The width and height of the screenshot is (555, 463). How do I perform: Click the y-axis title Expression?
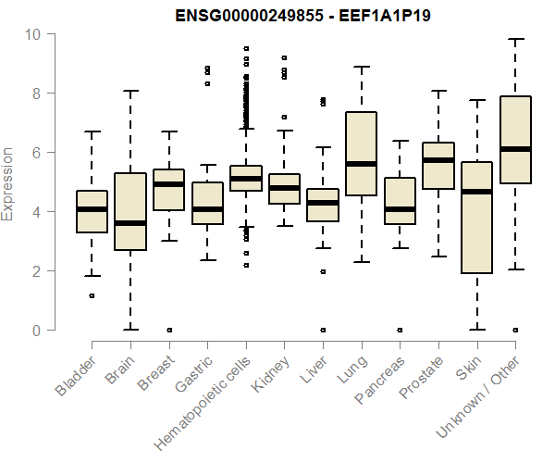click(9, 182)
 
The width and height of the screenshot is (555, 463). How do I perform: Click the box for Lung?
click(361, 153)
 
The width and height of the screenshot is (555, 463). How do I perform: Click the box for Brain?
click(130, 211)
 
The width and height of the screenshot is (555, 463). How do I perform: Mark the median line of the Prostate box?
click(438, 160)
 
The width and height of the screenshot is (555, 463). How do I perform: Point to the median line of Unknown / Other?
click(515, 149)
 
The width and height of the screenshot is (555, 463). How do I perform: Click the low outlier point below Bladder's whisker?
click(92, 296)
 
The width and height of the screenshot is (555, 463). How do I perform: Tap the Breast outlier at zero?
click(168, 330)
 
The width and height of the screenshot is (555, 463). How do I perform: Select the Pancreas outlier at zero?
click(400, 330)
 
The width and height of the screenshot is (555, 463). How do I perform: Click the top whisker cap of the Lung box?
click(361, 67)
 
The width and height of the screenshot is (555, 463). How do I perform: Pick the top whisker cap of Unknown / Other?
click(515, 39)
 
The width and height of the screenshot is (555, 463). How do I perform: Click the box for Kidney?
click(284, 189)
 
